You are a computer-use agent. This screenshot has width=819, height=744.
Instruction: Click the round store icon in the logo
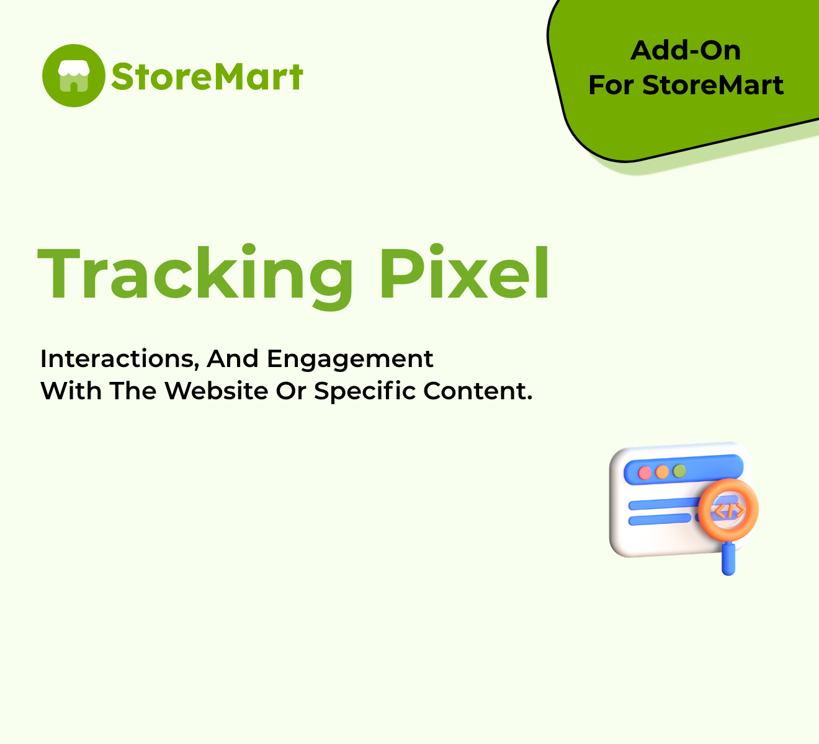pyautogui.click(x=74, y=76)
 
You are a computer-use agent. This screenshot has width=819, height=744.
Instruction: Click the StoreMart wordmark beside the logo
pyautogui.click(x=207, y=76)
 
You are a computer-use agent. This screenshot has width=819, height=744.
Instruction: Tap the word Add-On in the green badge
pyautogui.click(x=686, y=51)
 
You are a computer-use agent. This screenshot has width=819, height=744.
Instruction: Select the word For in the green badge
pyautogui.click(x=612, y=85)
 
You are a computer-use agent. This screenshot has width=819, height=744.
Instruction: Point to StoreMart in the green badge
pyautogui.click(x=713, y=85)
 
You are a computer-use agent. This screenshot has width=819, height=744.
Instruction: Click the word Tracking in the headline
pyautogui.click(x=195, y=276)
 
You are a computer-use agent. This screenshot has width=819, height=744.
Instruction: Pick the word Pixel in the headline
pyautogui.click(x=465, y=273)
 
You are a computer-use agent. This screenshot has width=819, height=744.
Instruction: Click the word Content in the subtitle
pyautogui.click(x=478, y=391)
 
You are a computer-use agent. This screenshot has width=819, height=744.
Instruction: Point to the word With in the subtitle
pyautogui.click(x=71, y=391)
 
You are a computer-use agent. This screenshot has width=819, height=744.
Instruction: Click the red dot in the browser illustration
pyautogui.click(x=645, y=473)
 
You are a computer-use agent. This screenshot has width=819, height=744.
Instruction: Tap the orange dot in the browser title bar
pyautogui.click(x=662, y=472)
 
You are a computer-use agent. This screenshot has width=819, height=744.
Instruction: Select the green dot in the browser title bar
pyautogui.click(x=679, y=471)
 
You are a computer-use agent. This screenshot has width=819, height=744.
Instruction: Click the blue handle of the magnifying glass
pyautogui.click(x=728, y=559)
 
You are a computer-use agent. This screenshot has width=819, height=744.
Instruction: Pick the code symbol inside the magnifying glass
pyautogui.click(x=729, y=510)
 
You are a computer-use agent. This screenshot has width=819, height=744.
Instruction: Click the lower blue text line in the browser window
pyautogui.click(x=660, y=520)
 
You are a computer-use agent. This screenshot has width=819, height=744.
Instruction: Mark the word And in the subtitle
pyautogui.click(x=233, y=359)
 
